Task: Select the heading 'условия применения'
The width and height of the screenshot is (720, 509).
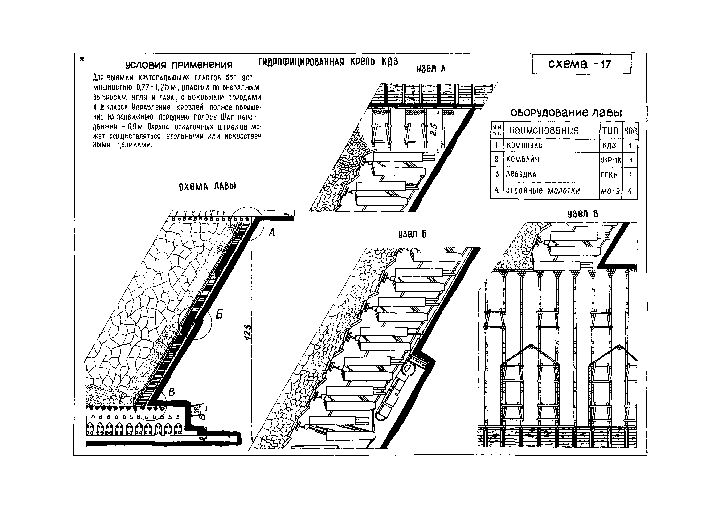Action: click(x=179, y=65)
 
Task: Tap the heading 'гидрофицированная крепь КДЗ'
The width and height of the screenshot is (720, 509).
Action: click(x=328, y=62)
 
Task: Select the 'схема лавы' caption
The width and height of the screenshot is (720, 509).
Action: click(x=207, y=187)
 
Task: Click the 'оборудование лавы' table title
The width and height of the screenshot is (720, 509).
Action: click(x=566, y=113)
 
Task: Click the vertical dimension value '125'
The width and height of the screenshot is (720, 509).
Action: click(x=248, y=333)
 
